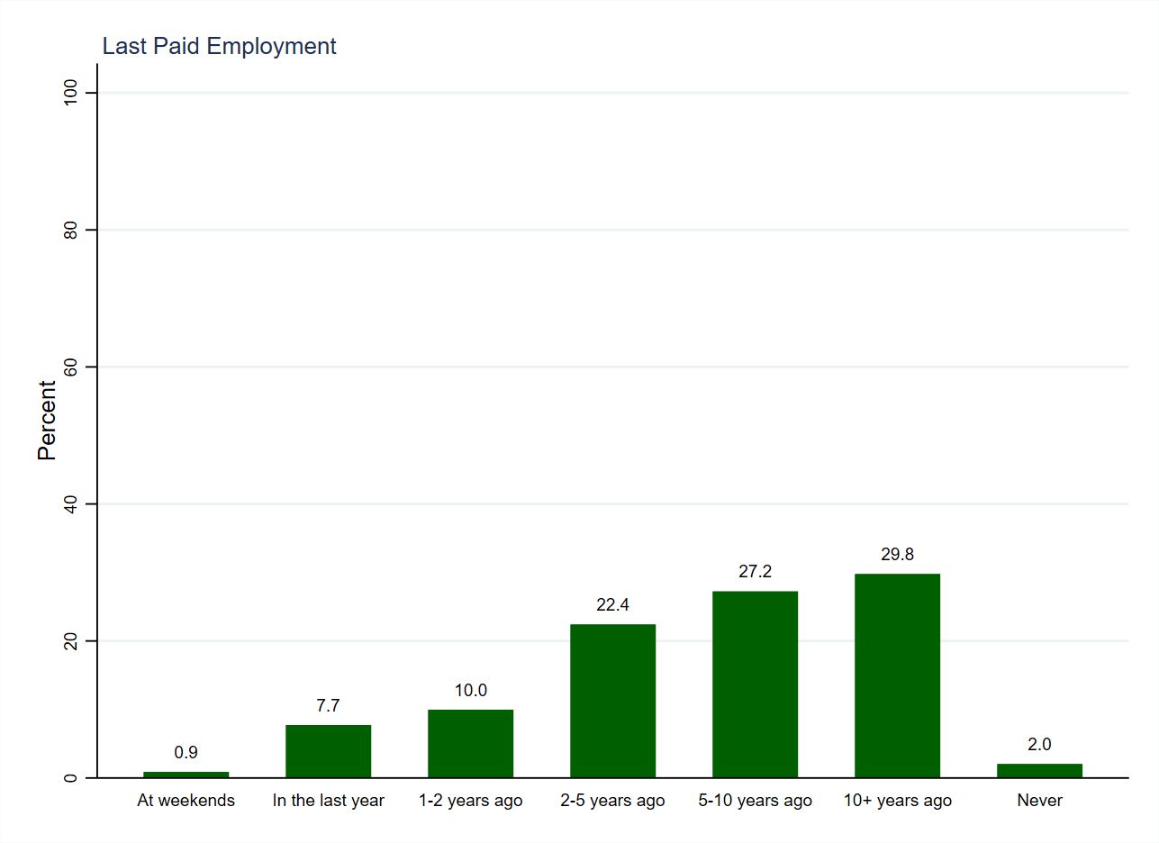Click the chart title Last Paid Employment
(219, 47)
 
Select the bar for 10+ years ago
(897, 675)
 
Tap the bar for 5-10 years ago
(755, 684)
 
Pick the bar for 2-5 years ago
(612, 701)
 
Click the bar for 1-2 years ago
(470, 744)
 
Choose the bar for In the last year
(328, 751)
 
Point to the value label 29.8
(897, 555)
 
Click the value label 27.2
(755, 572)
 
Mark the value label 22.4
(612, 605)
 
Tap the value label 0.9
(186, 753)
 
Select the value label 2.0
(1039, 745)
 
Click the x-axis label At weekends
(186, 801)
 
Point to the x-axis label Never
(1039, 801)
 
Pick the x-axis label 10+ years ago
(897, 801)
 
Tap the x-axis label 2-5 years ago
(612, 801)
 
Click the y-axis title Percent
(47, 420)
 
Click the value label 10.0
(470, 691)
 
